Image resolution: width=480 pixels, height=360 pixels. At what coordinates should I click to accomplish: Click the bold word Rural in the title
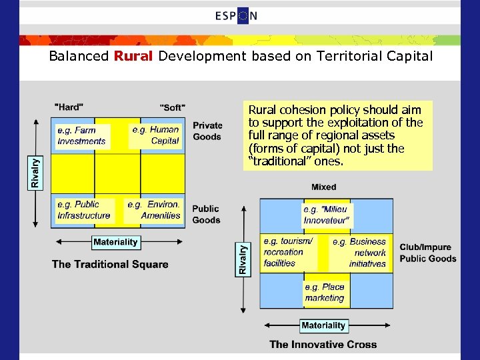pos(133,56)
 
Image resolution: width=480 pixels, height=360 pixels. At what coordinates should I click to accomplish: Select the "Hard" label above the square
pos(69,107)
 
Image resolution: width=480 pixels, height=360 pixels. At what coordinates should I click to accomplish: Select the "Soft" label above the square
pos(173,107)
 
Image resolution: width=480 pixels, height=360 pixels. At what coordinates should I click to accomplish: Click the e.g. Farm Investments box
pos(82,135)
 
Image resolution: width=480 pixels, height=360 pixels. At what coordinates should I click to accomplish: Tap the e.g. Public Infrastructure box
pos(84,210)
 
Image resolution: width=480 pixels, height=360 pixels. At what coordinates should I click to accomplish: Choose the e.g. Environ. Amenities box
pos(154,210)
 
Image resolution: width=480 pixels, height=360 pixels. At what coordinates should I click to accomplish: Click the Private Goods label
pos(207,131)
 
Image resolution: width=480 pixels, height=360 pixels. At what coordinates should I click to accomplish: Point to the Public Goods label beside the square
pos(206,215)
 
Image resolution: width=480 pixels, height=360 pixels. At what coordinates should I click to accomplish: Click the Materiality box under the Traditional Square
pos(115,242)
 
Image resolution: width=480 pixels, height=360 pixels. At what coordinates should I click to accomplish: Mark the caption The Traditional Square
pos(110,264)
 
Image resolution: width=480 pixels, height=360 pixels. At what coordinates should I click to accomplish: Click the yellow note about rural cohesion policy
pos(337,135)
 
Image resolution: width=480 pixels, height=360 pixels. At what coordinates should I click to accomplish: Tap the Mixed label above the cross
pos(323,187)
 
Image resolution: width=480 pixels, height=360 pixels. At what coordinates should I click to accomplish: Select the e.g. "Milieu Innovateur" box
pos(326,215)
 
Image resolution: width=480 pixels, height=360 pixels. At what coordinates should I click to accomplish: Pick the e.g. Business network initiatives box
pos(359,252)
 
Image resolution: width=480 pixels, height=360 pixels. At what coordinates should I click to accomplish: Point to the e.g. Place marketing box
pos(325,293)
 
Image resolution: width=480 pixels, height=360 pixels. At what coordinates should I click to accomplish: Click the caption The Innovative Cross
pos(323,345)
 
